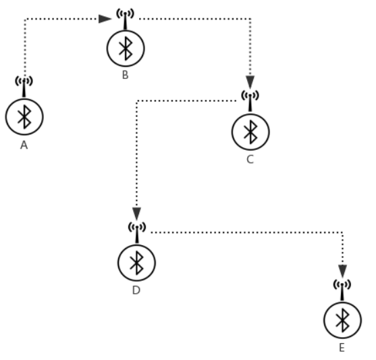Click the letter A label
pos(24,145)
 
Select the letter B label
pos(125,75)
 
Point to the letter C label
pos(250,159)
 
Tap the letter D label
pos(136,290)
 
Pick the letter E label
pos(342,348)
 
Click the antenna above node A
pos(24,86)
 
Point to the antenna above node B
pos(125,18)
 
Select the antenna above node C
pos(250,101)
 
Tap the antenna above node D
pos(137,232)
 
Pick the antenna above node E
pos(342,290)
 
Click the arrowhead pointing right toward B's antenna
pos(105,19)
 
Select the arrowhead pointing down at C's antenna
pos(250,82)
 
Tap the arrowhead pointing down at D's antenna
pos(136,214)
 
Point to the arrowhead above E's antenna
pos(342,272)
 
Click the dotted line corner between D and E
pos(342,232)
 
